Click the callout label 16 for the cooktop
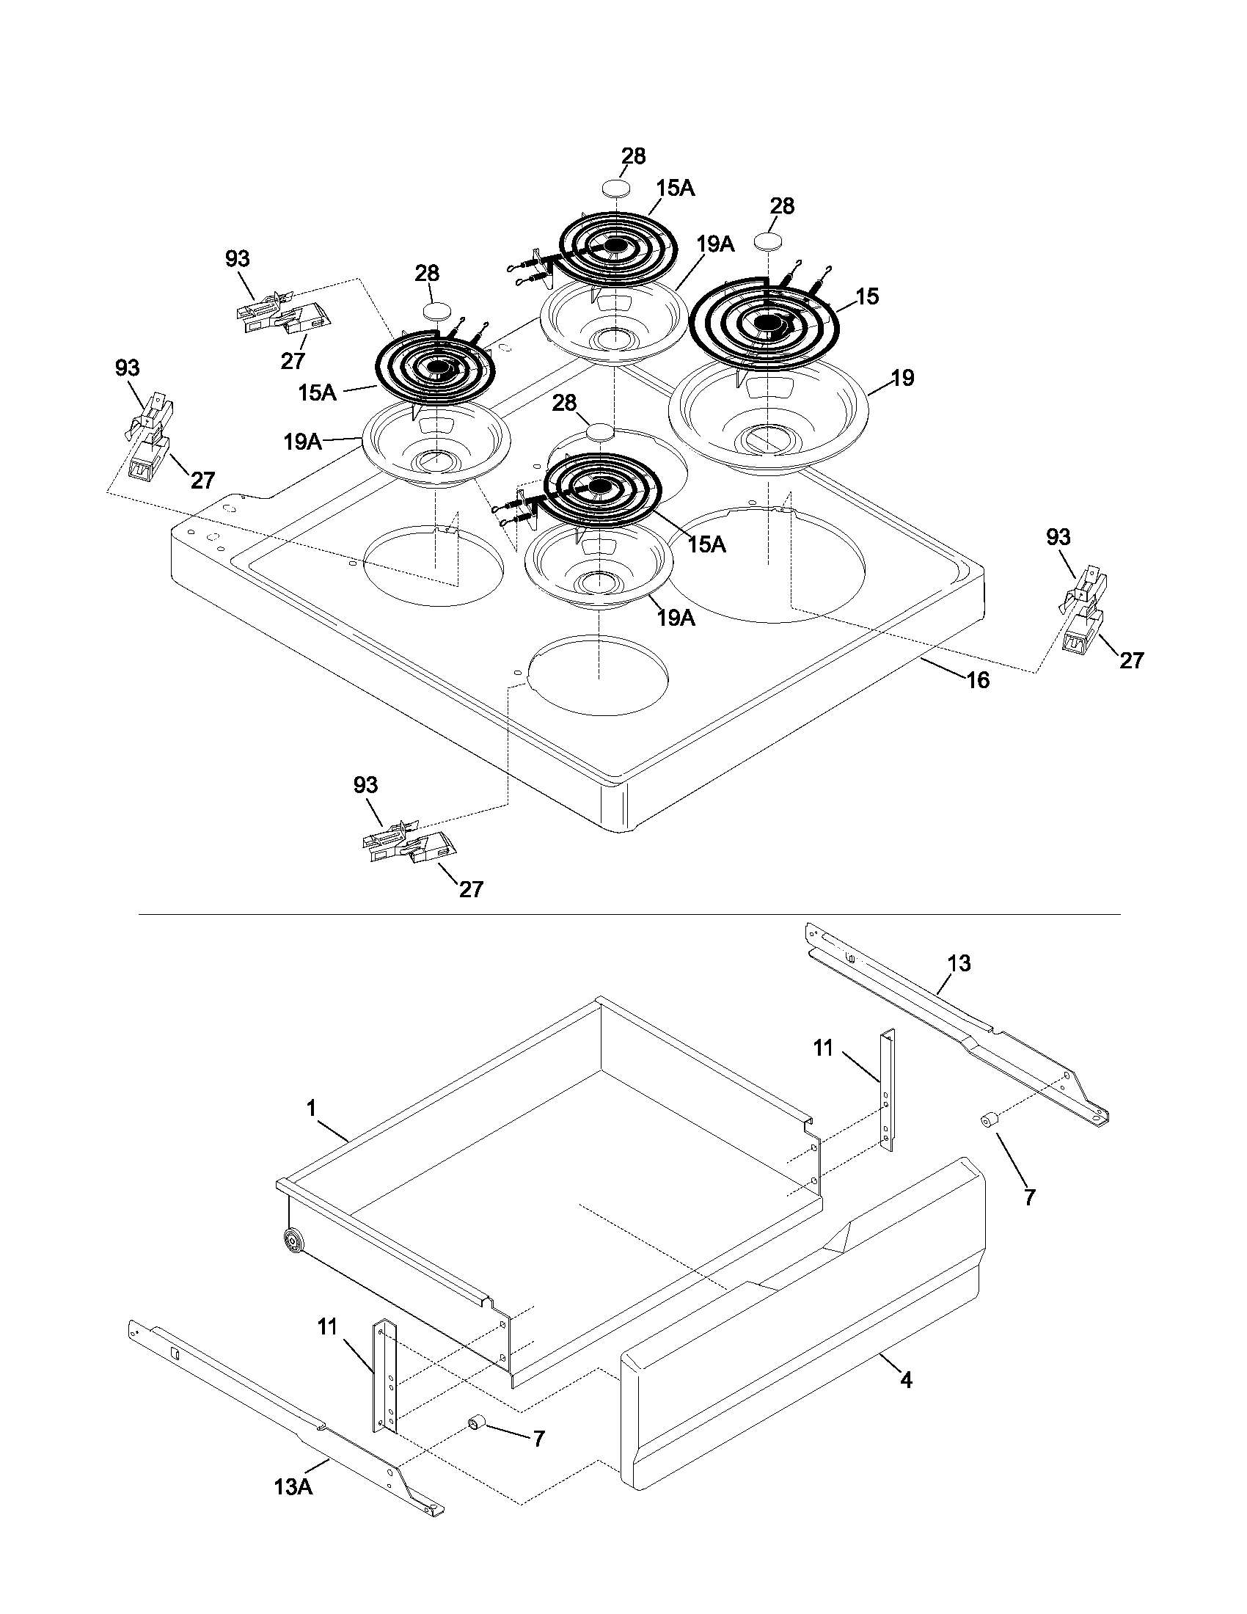(977, 679)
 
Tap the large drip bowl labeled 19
(768, 417)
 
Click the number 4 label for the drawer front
(907, 1379)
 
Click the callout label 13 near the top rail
(959, 963)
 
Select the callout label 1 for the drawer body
(311, 1108)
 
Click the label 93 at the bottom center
(365, 785)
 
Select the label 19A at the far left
(302, 442)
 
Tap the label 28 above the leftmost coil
(426, 274)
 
